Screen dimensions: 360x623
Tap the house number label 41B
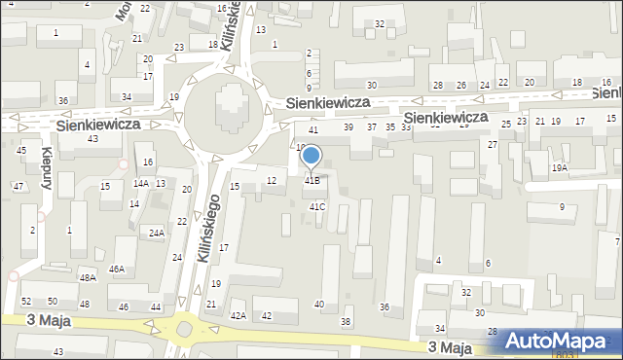coord(311,180)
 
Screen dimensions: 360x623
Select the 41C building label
coord(317,206)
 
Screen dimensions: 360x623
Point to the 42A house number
coord(238,316)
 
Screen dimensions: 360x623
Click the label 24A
coord(156,233)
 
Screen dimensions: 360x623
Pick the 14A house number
coord(141,183)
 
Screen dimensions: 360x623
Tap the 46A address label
coord(117,269)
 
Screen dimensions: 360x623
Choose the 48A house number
coord(88,277)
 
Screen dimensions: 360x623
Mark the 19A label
coord(559,167)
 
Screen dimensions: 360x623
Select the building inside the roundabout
coord(229,109)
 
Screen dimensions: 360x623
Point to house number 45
coord(20,150)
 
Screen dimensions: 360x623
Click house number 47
coord(18,186)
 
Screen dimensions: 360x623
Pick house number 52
coord(26,302)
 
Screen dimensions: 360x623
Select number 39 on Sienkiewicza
coord(348,127)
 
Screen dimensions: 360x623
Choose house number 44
coord(156,307)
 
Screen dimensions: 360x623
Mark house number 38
coord(345,321)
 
